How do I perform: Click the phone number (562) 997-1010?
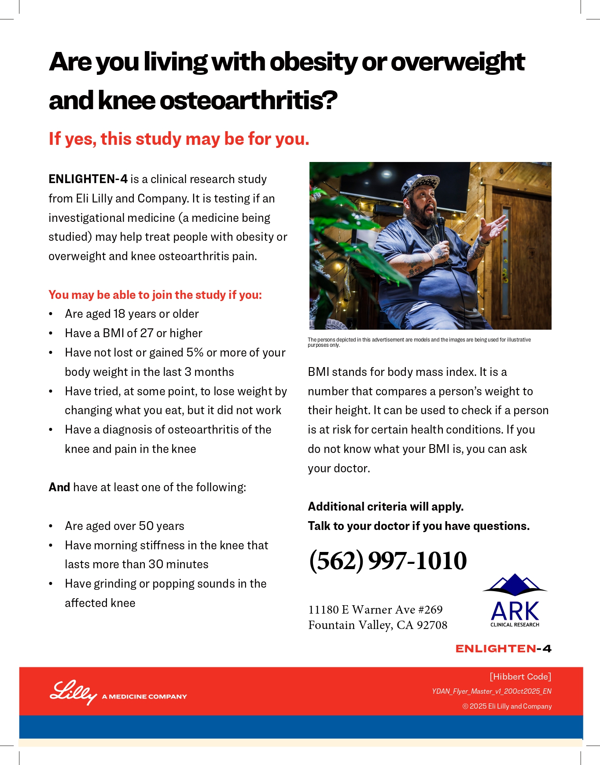(388, 561)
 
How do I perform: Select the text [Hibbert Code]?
(520, 677)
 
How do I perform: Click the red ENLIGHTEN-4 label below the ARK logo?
(503, 649)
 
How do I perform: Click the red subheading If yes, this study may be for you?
(179, 139)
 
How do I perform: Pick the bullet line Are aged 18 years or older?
(132, 314)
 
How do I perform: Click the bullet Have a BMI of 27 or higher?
(133, 333)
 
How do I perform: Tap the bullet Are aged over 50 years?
(125, 526)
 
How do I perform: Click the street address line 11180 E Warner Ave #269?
(375, 610)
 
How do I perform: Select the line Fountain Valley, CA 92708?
(378, 625)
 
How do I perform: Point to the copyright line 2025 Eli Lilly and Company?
(507, 706)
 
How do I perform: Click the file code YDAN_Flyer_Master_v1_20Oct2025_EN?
(491, 691)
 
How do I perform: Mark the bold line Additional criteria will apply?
(386, 507)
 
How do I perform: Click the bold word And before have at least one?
(59, 487)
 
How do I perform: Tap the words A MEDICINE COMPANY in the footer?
(144, 696)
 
